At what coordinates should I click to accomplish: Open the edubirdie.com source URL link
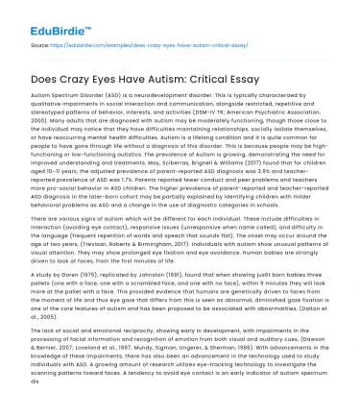114,43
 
